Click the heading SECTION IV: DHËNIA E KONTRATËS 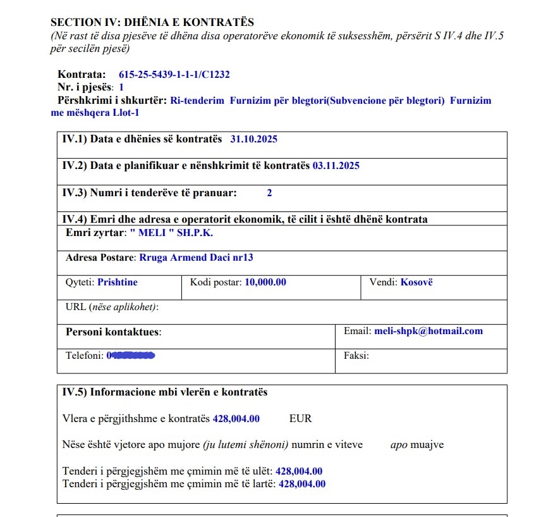click(152, 23)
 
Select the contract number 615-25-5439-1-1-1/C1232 click(174, 75)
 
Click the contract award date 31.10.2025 click(253, 139)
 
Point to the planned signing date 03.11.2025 click(336, 166)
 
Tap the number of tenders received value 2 click(269, 192)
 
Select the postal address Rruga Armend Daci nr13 click(196, 258)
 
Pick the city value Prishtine click(118, 282)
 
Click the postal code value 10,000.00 click(265, 282)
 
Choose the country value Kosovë click(416, 282)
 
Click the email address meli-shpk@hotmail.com click(428, 331)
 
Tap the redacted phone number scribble click(131, 356)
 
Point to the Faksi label click(356, 356)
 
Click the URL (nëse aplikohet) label click(112, 307)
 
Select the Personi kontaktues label click(113, 332)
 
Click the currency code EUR click(300, 419)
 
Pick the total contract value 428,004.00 click(236, 419)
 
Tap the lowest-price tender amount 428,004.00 click(299, 471)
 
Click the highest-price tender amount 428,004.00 click(302, 484)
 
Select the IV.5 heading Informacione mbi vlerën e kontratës click(164, 392)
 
